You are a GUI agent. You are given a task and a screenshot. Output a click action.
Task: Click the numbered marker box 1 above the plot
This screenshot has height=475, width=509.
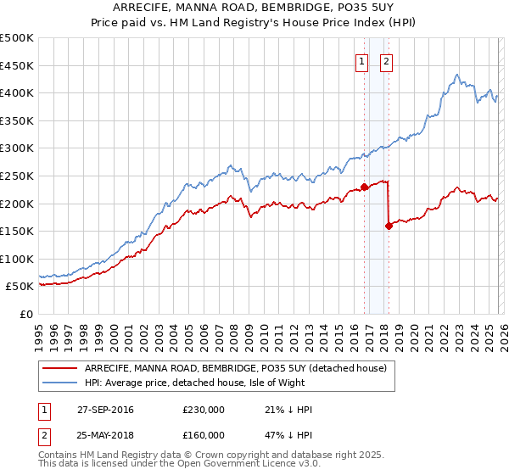pos(361,61)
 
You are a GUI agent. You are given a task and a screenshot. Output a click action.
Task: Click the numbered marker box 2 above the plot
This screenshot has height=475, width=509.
pos(386,61)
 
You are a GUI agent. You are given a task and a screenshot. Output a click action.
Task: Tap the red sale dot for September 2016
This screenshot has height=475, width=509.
pos(364,187)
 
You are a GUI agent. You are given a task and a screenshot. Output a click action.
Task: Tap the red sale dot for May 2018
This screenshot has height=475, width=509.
pos(389,226)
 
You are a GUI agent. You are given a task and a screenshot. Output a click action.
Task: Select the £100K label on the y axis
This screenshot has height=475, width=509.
pos(18,259)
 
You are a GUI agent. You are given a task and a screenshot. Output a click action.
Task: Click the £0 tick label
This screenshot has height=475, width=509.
pos(25,314)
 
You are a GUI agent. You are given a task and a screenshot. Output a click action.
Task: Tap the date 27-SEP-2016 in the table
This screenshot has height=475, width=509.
pos(105,410)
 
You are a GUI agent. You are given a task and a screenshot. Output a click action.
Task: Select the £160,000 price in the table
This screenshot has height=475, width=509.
pos(204,435)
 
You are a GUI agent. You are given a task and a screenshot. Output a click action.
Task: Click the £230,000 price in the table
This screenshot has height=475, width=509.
pos(204,410)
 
